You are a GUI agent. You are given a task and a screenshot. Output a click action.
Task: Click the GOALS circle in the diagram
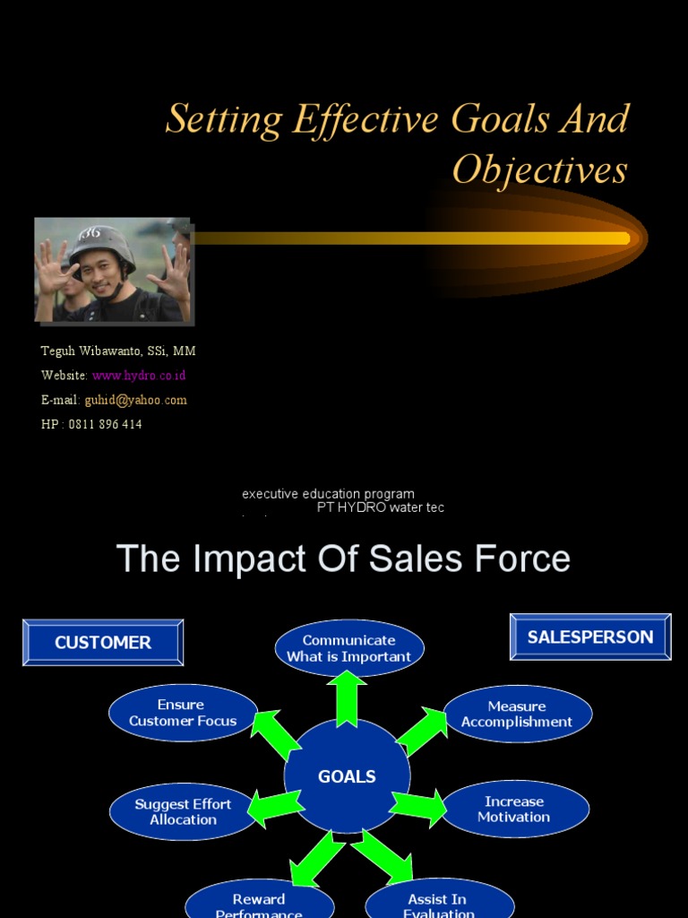(x=347, y=776)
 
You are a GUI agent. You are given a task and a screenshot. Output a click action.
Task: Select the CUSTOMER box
(x=103, y=642)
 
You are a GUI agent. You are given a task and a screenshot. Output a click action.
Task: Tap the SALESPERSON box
(x=590, y=637)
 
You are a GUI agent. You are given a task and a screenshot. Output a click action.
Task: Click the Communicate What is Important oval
(x=348, y=648)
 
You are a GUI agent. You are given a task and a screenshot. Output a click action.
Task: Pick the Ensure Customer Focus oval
(x=183, y=713)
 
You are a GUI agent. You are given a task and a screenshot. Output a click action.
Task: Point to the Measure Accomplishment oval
(x=517, y=714)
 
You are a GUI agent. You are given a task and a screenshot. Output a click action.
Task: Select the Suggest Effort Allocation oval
(x=183, y=811)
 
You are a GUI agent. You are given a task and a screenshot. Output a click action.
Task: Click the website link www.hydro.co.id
(x=139, y=376)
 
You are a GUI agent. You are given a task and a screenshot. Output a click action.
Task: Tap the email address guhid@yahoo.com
(x=135, y=400)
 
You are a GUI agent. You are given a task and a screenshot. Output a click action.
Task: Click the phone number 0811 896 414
(x=105, y=424)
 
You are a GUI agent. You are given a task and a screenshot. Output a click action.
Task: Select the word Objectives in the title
(x=539, y=169)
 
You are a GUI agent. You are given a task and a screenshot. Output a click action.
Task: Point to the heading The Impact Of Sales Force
(x=343, y=559)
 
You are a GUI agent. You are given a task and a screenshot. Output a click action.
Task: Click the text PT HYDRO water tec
(x=380, y=507)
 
